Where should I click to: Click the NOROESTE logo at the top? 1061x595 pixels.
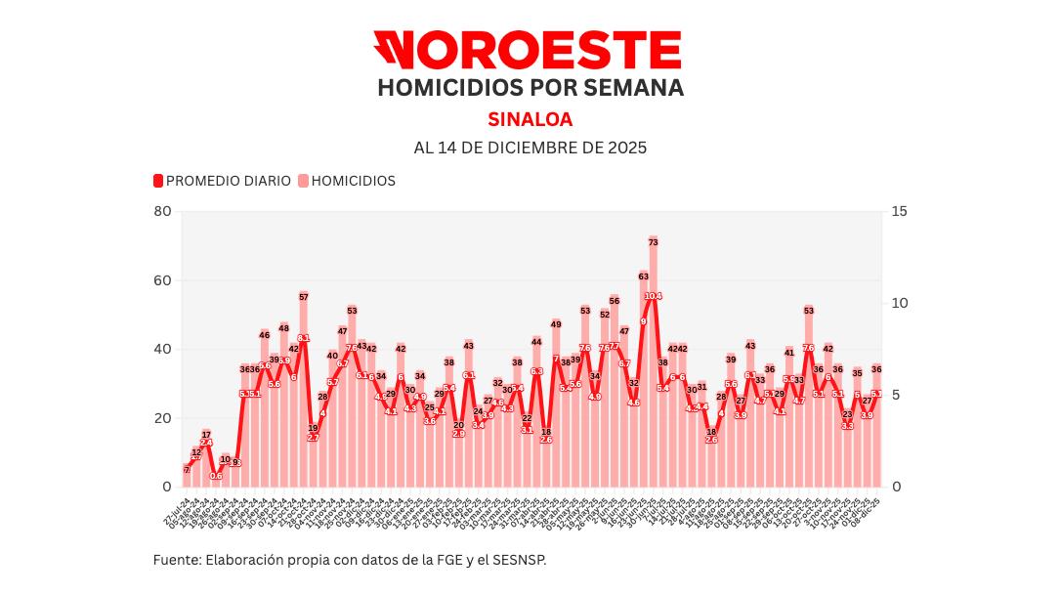527,50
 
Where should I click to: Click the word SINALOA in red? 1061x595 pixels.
530,119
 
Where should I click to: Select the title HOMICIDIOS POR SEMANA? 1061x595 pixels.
530,87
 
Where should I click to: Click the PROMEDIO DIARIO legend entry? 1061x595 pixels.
222,181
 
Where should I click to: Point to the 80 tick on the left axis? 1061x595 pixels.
162,212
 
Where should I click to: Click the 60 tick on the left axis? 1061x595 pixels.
162,280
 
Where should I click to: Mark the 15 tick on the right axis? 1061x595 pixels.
900,212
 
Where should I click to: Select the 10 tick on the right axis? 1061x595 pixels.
900,303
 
